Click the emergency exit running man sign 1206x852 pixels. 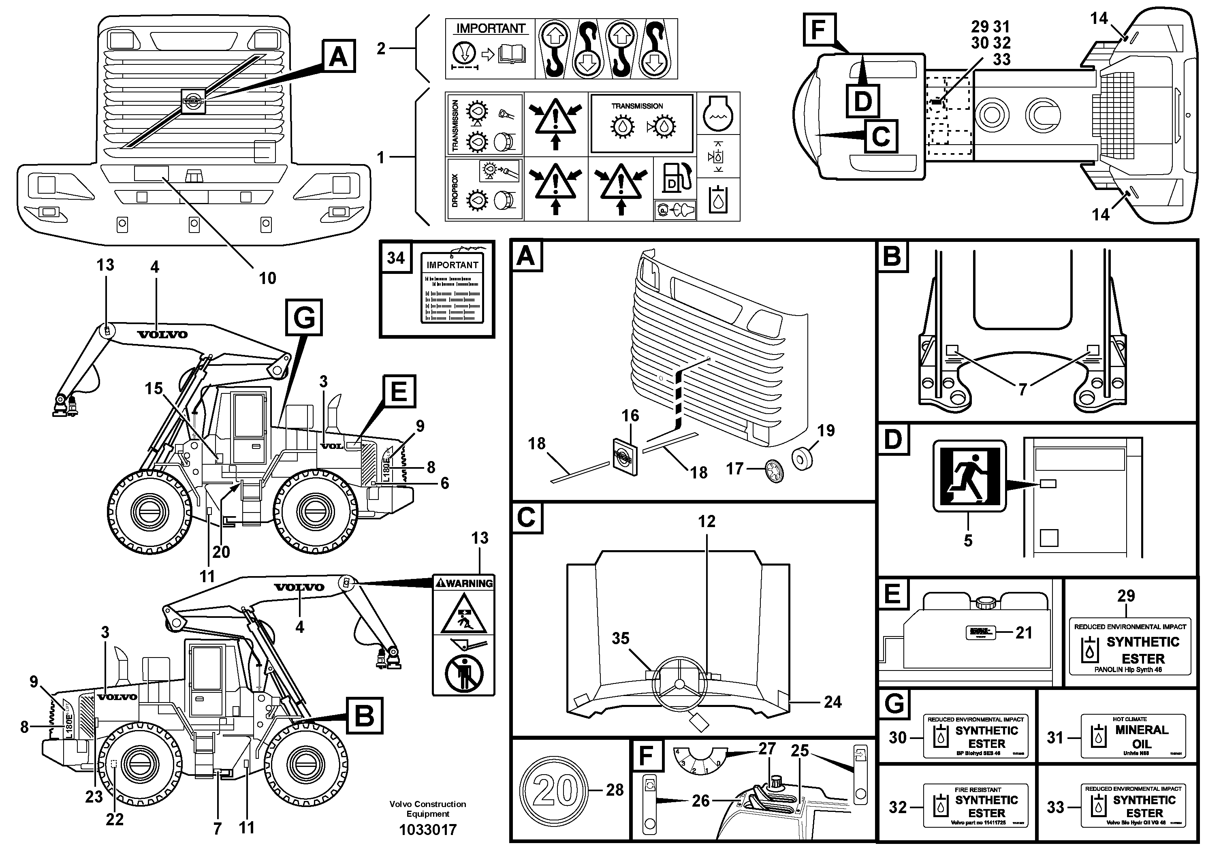[969, 476]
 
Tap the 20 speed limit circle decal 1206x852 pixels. [555, 790]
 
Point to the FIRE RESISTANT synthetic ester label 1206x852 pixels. [975, 805]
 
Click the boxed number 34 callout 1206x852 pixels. [395, 258]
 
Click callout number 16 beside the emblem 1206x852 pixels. [630, 416]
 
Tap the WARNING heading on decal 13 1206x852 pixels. [463, 583]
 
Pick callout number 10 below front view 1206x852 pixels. [267, 278]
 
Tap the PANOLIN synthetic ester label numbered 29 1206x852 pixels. [1129, 647]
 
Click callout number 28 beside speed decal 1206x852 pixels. [615, 790]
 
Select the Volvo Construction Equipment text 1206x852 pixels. [427, 809]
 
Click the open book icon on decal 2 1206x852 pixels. [511, 54]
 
